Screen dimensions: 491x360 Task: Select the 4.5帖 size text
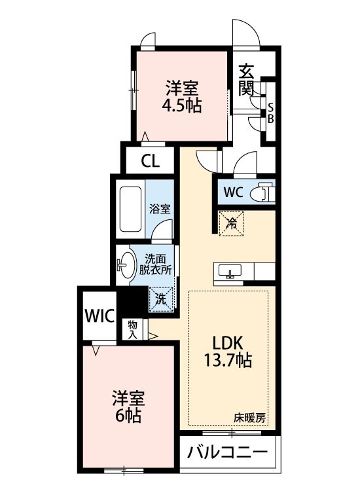point(181,105)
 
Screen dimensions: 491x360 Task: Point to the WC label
point(233,192)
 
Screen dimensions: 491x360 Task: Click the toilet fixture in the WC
point(265,192)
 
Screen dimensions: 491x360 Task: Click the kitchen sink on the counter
point(231,271)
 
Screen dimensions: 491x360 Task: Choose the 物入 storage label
point(133,329)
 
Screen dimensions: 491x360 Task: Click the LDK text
point(227,342)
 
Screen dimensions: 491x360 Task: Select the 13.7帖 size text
point(227,359)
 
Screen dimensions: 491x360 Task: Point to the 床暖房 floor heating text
point(250,416)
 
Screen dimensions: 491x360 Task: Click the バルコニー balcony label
point(227,452)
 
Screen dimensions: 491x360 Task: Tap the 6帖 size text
point(128,415)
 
